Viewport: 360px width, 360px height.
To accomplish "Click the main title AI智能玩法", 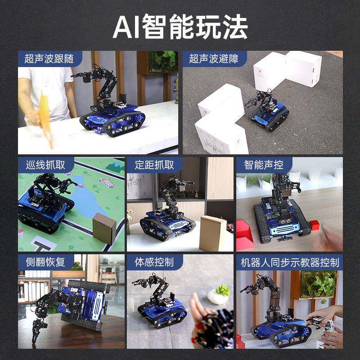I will pos(180,28).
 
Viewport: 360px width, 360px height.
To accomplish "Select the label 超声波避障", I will pos(213,58).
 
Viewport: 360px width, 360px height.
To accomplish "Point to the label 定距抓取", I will pos(154,165).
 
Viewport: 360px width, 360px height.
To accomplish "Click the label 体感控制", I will pos(154,262).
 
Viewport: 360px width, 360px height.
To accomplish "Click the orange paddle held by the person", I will pos(45,117).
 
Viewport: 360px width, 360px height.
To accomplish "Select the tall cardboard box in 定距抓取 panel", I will pos(212,233).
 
